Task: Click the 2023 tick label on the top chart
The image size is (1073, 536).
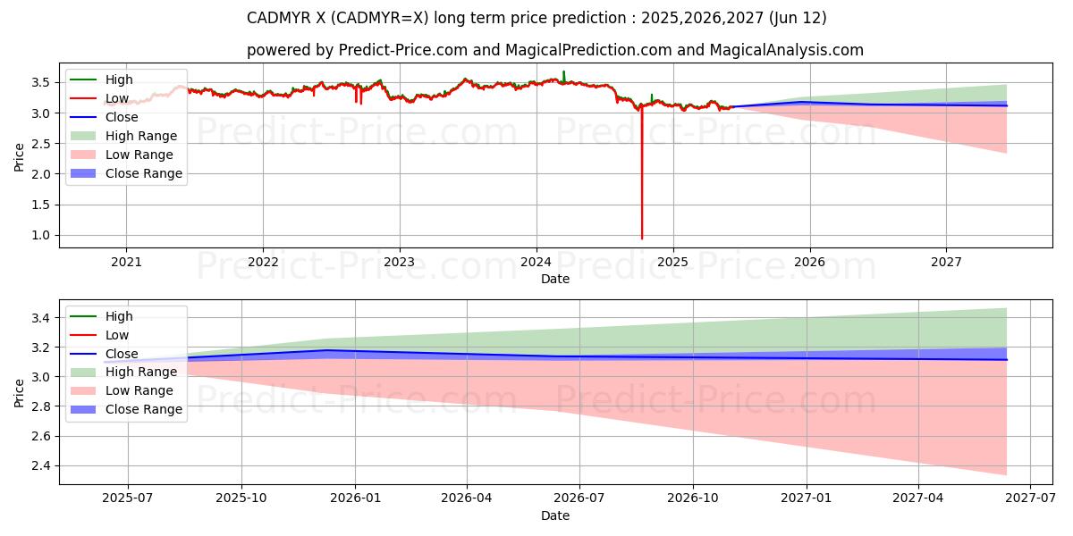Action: point(399,263)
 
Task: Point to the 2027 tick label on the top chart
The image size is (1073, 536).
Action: point(946,263)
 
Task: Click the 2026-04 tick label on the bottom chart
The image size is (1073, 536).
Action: point(468,499)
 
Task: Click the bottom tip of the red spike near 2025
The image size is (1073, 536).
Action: point(642,238)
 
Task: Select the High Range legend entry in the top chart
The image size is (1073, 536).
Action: point(141,136)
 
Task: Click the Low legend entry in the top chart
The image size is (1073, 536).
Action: point(117,98)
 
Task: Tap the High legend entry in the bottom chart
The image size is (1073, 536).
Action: point(119,316)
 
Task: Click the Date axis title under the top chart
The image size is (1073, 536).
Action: point(555,279)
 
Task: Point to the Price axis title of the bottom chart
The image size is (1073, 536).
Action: point(20,392)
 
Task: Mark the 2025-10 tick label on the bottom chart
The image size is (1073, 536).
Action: point(241,499)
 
